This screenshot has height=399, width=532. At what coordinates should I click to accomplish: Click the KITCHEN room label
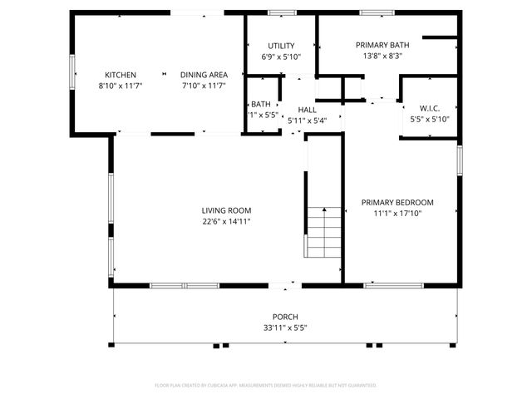point(121,75)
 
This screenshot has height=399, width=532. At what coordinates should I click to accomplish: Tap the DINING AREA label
point(199,75)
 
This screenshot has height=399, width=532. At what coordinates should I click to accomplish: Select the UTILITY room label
point(281,46)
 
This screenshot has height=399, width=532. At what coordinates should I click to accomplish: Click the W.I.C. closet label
point(430,107)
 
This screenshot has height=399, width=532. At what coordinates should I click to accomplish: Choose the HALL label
point(308,110)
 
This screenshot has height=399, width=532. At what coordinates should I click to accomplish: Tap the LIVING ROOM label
point(226,210)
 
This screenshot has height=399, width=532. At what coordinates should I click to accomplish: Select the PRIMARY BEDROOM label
point(397,202)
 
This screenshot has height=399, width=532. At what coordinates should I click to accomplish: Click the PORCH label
point(285,317)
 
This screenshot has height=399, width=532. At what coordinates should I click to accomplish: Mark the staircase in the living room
point(323,232)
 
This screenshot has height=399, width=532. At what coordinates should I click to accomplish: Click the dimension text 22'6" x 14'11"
point(226,222)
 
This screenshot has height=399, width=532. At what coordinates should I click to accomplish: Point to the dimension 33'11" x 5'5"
point(285,328)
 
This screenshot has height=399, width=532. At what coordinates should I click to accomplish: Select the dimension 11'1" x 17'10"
point(397,214)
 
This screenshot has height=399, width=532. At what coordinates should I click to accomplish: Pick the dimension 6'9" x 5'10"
point(281,57)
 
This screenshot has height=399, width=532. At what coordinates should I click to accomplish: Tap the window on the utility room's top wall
point(282,12)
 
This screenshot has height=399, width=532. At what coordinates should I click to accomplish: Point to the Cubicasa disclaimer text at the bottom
point(266,386)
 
